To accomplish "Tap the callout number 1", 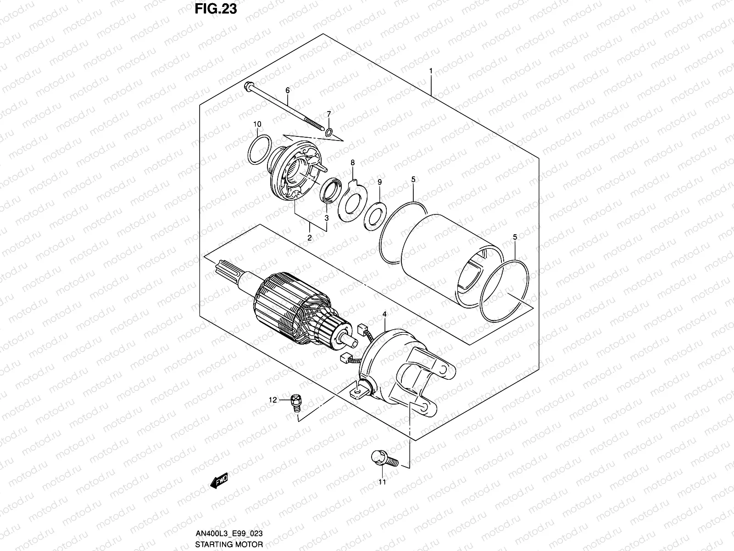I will pos(431,71).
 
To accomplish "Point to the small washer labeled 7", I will pos(328,133).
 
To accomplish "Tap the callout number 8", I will pos(352,163).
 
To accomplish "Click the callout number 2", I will pos(310,237).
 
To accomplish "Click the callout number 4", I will pos(384,314).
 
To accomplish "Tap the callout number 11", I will pos(382,482).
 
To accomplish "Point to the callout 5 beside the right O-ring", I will pos(515,237).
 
